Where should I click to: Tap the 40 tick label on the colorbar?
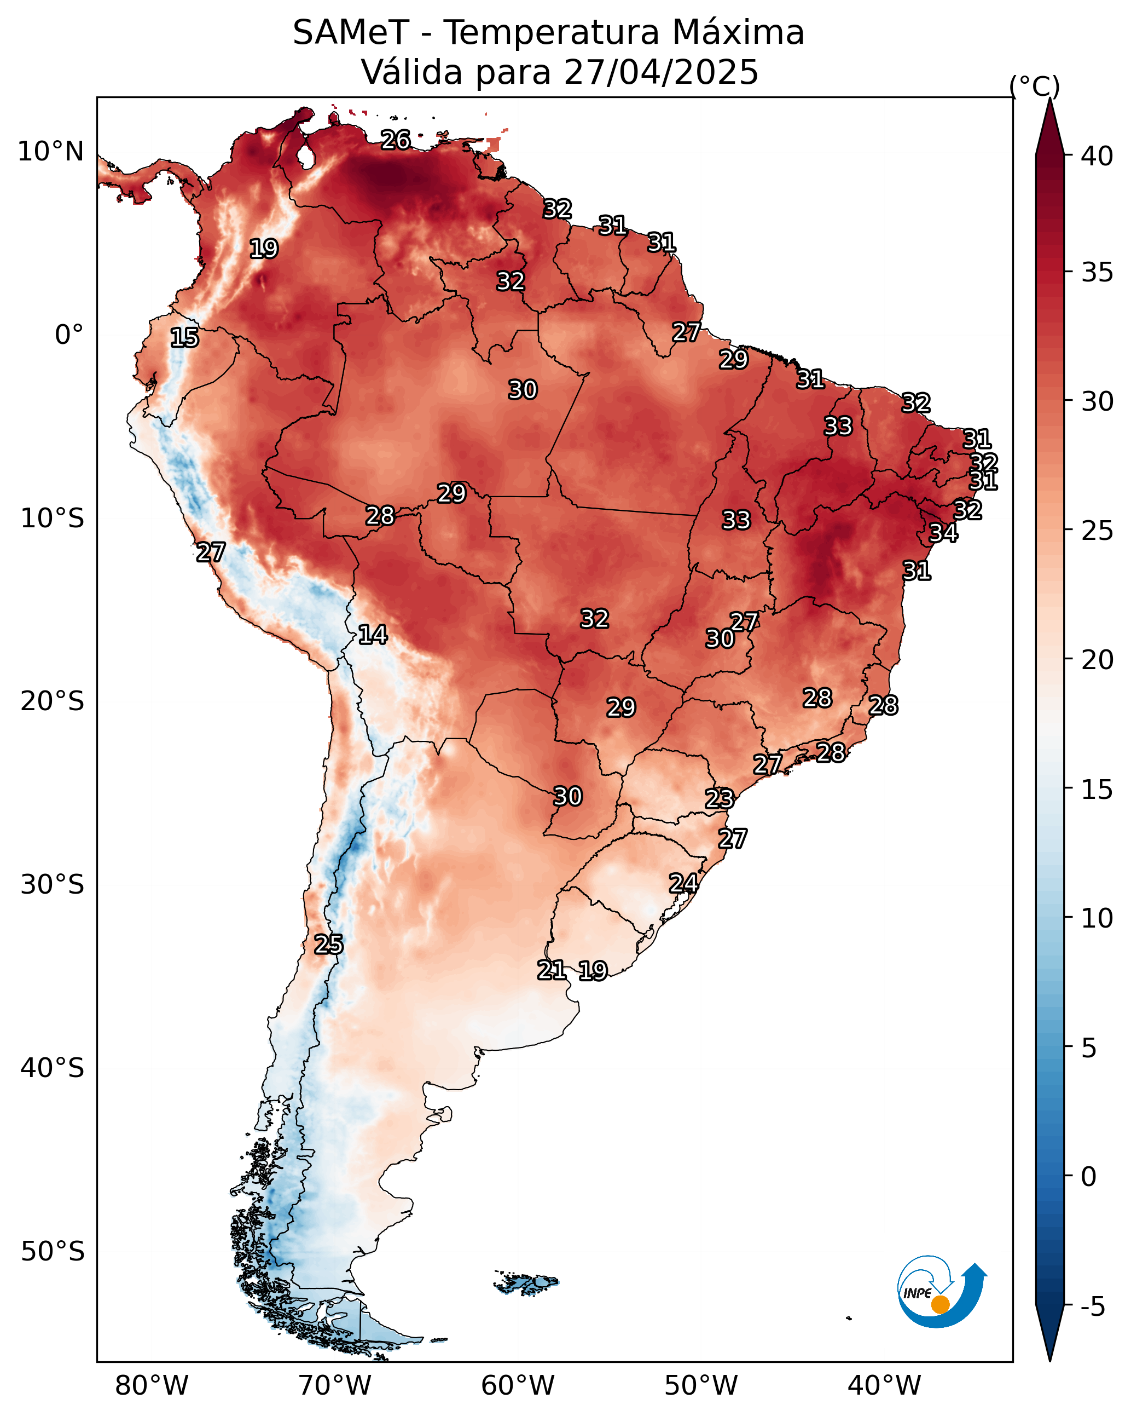tap(1097, 156)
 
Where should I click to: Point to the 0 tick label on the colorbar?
tap(1088, 1176)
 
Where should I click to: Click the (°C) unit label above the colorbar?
tap(1035, 86)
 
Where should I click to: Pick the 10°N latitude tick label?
tap(50, 152)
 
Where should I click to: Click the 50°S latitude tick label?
tap(53, 1252)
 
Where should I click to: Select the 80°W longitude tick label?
tap(152, 1385)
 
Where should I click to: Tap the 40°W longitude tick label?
tap(884, 1385)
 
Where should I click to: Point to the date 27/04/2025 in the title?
tap(661, 72)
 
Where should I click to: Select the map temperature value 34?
tap(943, 533)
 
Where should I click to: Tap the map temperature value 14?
tap(373, 635)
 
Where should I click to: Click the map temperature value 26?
tap(396, 140)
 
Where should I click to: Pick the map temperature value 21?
tap(552, 970)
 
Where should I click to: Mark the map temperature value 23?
tap(720, 799)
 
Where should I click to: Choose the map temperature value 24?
tap(683, 883)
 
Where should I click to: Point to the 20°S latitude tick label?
tap(53, 702)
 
